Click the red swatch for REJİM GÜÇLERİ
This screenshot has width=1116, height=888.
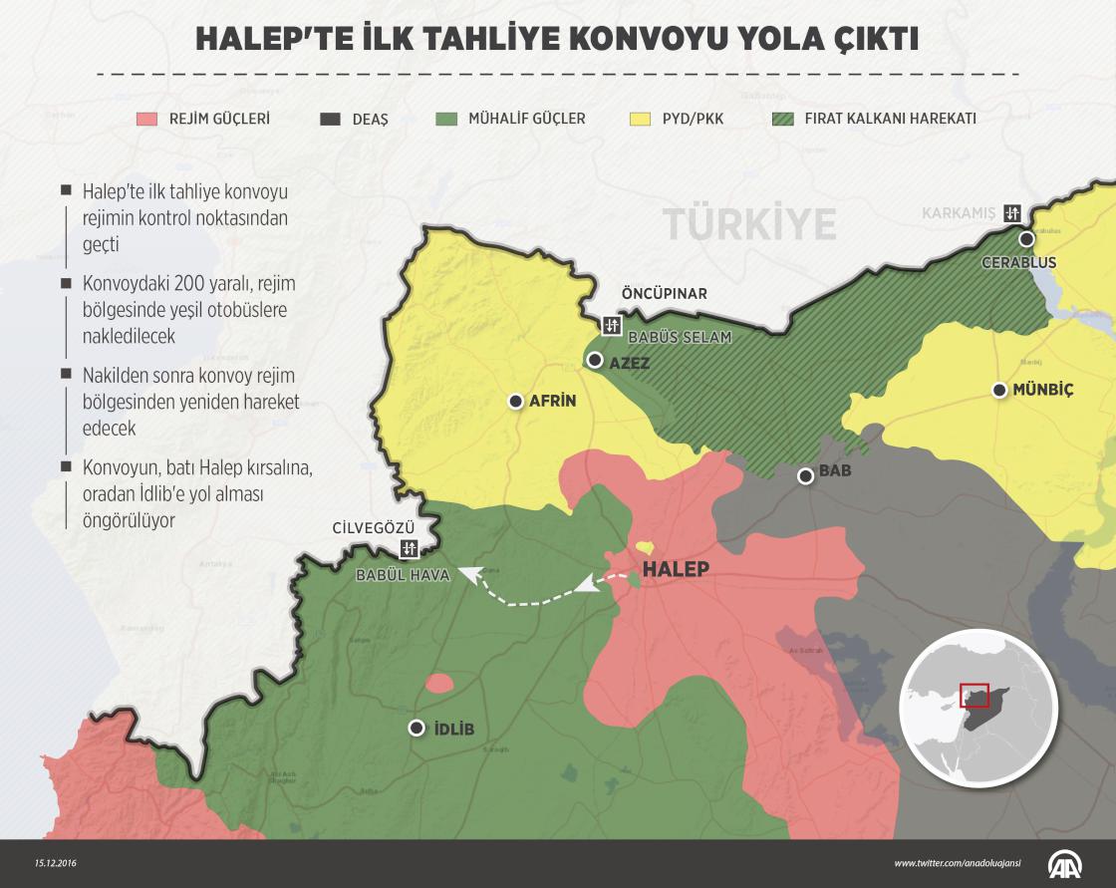click(147, 119)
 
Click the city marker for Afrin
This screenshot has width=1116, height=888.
click(515, 401)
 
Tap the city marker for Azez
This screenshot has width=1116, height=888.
click(595, 360)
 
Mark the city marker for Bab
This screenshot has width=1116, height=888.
click(805, 476)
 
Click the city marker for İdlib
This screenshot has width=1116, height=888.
click(416, 729)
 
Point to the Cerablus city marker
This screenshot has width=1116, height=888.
click(1025, 239)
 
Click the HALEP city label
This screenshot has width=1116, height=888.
click(676, 569)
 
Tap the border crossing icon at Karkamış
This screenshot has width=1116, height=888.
click(1013, 212)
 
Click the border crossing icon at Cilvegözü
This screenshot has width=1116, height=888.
click(409, 548)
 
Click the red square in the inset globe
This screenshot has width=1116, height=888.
click(973, 695)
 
